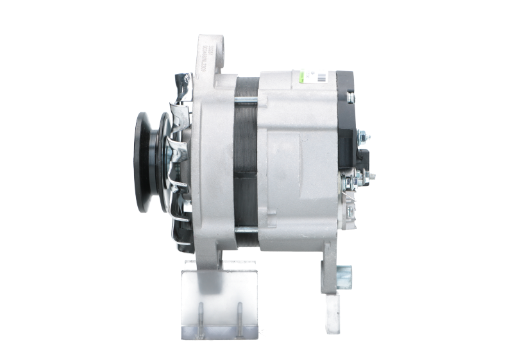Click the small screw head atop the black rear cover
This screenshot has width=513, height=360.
tap(350, 98)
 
